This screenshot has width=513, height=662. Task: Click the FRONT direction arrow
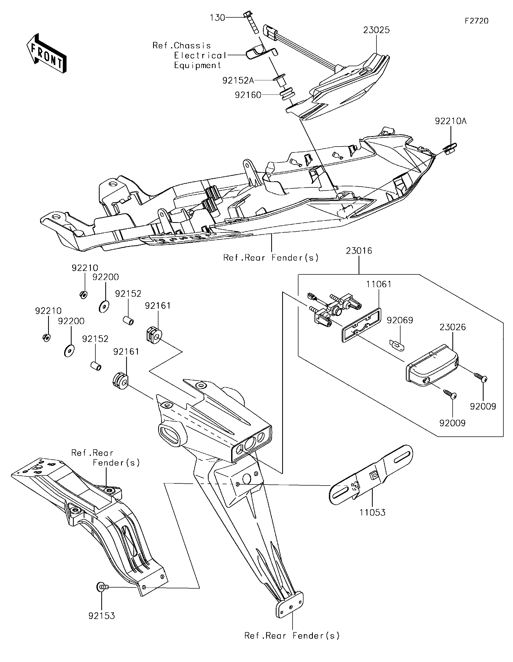46,53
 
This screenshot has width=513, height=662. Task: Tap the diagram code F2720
477,21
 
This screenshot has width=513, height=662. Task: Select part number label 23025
376,30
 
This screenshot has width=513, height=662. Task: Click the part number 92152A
238,80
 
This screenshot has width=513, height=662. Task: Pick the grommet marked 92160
287,94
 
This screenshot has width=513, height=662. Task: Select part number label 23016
359,251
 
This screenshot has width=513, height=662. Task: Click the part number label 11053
372,513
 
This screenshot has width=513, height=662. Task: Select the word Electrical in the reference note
200,56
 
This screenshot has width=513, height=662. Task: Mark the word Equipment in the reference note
197,65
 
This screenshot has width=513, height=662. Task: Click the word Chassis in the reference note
192,45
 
